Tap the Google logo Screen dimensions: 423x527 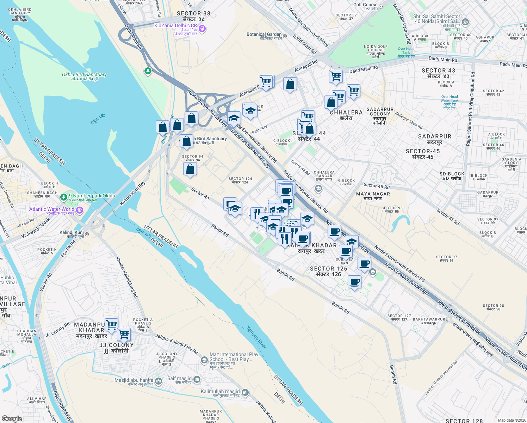tap(12, 418)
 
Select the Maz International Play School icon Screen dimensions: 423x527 tap(204, 360)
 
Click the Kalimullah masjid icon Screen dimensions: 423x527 tap(245, 392)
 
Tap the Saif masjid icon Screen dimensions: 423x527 tap(197, 379)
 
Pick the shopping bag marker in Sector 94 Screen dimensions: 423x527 tap(190, 169)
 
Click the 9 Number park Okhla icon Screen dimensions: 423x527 tap(64, 197)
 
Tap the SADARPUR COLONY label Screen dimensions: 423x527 tap(380, 112)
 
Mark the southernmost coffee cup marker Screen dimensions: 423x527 tap(354, 282)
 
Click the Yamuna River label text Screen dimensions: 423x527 tap(256, 337)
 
